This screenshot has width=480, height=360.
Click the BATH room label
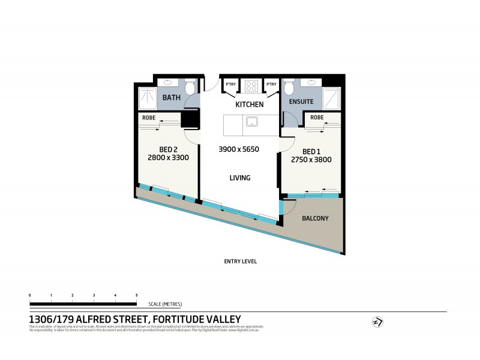point(172,97)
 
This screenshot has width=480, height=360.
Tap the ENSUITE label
point(301,102)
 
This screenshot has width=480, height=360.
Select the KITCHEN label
point(249,104)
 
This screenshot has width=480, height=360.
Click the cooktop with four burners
point(250,86)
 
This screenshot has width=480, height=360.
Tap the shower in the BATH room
point(147,98)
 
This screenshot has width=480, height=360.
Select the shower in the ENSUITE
point(331,98)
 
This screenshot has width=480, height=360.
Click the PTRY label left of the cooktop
point(230,85)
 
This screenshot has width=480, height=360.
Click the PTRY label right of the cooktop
point(271,85)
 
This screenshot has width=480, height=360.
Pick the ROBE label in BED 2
point(149,118)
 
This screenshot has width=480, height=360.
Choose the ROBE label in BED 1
point(317,117)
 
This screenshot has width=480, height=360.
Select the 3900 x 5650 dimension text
point(238,149)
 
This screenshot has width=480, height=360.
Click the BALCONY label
point(315,218)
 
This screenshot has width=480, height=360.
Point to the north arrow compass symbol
point(377,322)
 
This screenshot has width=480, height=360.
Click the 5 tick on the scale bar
point(137,296)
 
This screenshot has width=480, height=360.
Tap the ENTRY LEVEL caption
point(240,262)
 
